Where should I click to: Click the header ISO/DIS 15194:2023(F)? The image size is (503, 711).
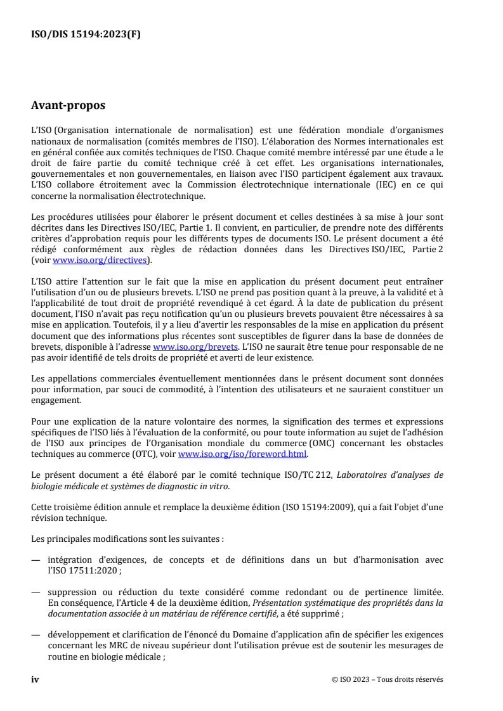pyautogui.click(x=86, y=35)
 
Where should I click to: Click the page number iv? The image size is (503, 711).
pyautogui.click(x=36, y=679)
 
